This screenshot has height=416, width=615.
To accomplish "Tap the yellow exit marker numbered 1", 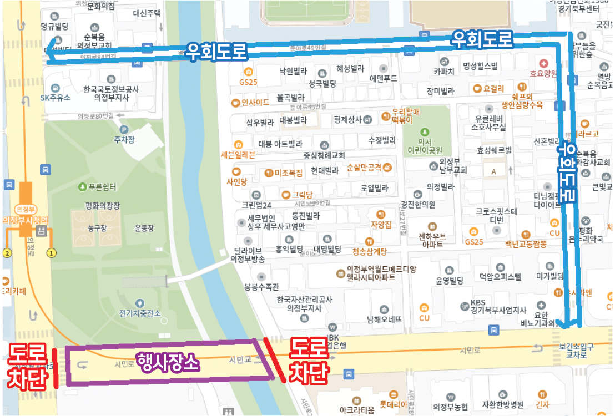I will (52, 253).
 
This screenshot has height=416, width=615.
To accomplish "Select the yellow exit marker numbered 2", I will (7, 253).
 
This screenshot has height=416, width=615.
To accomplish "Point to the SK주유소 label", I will (56, 98).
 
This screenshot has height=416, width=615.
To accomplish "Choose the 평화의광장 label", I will (103, 206).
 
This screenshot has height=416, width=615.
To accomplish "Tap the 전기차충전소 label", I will (139, 313).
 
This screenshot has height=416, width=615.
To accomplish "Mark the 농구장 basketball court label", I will (97, 228).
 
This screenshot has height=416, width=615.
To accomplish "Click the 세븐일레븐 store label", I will (238, 155).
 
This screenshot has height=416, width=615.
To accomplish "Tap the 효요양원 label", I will (543, 73).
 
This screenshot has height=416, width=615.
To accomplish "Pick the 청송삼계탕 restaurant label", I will (369, 251).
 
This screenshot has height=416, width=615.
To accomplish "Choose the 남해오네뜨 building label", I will (384, 319).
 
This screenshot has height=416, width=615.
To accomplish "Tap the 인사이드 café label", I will (255, 103).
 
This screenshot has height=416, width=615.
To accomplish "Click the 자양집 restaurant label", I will (381, 225).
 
